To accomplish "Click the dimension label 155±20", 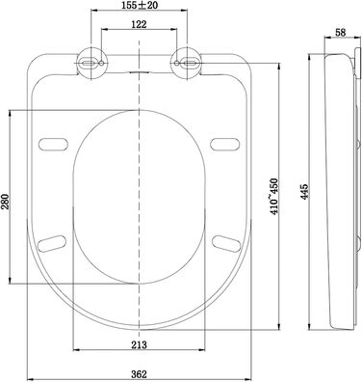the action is pyautogui.click(x=140, y=5).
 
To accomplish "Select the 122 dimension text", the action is pyautogui.click(x=139, y=24).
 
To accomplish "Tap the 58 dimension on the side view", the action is pyautogui.click(x=341, y=32).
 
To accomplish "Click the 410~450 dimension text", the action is pyautogui.click(x=275, y=196).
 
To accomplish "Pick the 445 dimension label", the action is pyautogui.click(x=304, y=192).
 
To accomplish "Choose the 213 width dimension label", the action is pyautogui.click(x=139, y=344).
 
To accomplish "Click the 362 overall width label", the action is pyautogui.click(x=139, y=374).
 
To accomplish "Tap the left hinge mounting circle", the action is pyautogui.click(x=90, y=63).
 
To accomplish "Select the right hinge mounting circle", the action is pyautogui.click(x=187, y=63).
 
